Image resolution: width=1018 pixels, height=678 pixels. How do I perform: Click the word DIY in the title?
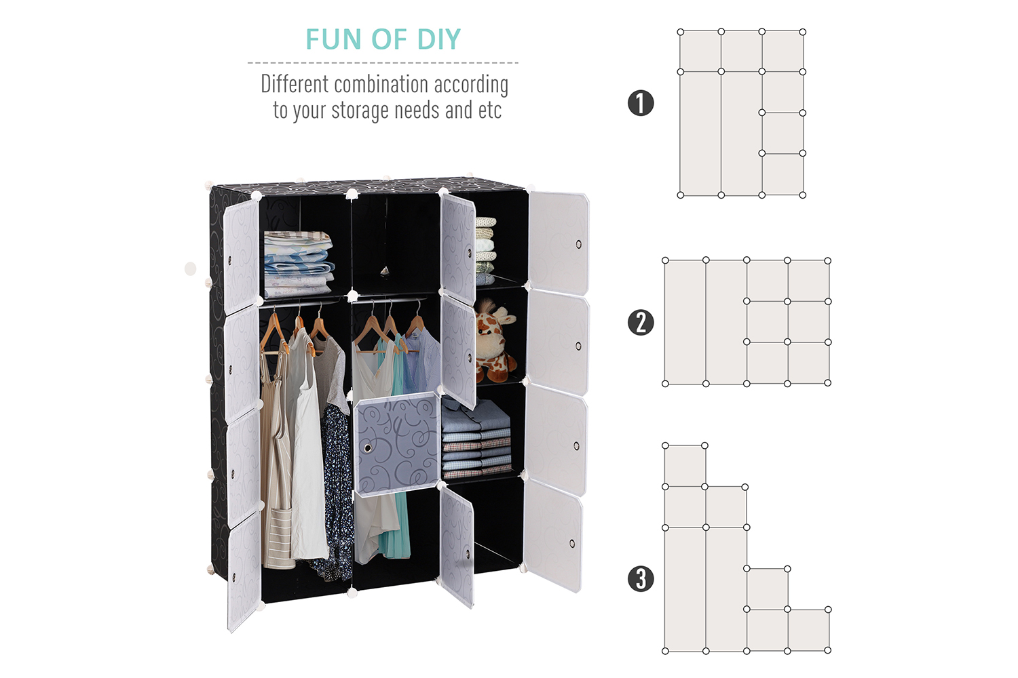click(x=439, y=39)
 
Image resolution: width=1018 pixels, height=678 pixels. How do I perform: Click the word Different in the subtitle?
click(x=295, y=85)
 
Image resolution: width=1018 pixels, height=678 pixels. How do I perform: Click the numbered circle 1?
click(x=641, y=103)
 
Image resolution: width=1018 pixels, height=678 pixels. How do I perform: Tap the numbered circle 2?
click(x=641, y=323)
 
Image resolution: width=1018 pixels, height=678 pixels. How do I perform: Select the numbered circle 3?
click(x=641, y=579)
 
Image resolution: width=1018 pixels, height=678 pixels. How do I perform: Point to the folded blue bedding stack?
click(x=298, y=264)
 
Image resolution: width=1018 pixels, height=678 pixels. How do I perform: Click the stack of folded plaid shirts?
click(x=476, y=439)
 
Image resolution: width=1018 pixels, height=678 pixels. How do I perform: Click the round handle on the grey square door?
click(x=368, y=448)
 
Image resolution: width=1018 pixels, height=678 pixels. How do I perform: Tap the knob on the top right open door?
click(x=578, y=244)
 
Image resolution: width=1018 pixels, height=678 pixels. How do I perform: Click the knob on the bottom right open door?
click(x=571, y=544)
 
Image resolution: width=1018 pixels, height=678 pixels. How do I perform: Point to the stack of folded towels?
click(x=485, y=251)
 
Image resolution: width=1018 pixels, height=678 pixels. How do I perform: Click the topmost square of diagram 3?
click(x=685, y=466)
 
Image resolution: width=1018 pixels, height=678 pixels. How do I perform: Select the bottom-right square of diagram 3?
click(x=808, y=631)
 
